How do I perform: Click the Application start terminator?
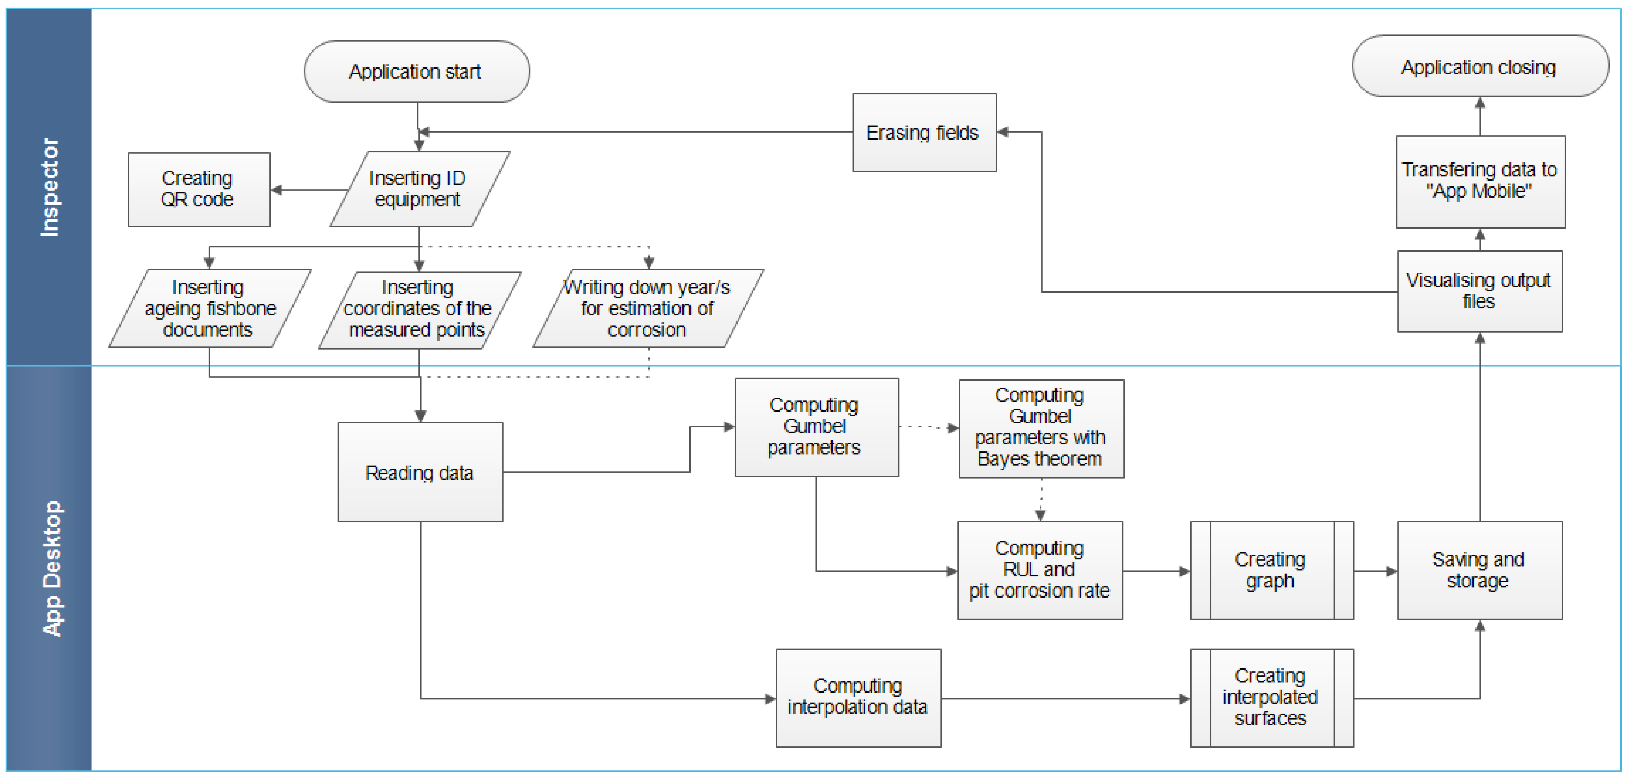[416, 71]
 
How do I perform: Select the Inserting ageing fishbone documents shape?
[209, 308]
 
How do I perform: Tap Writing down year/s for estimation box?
[648, 308]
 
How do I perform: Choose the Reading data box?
[420, 472]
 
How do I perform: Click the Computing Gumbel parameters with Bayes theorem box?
[1041, 428]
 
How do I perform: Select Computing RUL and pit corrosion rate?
[1040, 570]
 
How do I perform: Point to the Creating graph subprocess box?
[1271, 570]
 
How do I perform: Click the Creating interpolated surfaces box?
[1271, 697]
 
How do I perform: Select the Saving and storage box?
[1479, 570]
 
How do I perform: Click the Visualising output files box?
[1479, 291]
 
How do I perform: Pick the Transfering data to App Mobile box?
[1480, 181]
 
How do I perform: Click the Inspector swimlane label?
[49, 187]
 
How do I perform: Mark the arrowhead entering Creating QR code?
[276, 190]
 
